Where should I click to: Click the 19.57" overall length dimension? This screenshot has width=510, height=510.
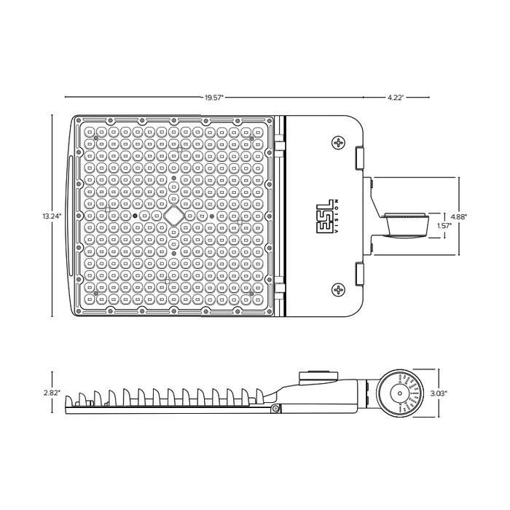213,96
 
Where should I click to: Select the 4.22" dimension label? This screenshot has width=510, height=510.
395,96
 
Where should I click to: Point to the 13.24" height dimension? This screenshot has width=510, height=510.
52,216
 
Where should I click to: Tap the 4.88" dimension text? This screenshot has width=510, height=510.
459,216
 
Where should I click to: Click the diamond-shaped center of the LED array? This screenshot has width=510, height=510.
173,216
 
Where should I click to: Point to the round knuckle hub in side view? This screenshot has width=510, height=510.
399,393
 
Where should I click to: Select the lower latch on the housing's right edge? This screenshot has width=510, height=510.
360,275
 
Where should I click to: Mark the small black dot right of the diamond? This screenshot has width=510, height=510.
211,216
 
